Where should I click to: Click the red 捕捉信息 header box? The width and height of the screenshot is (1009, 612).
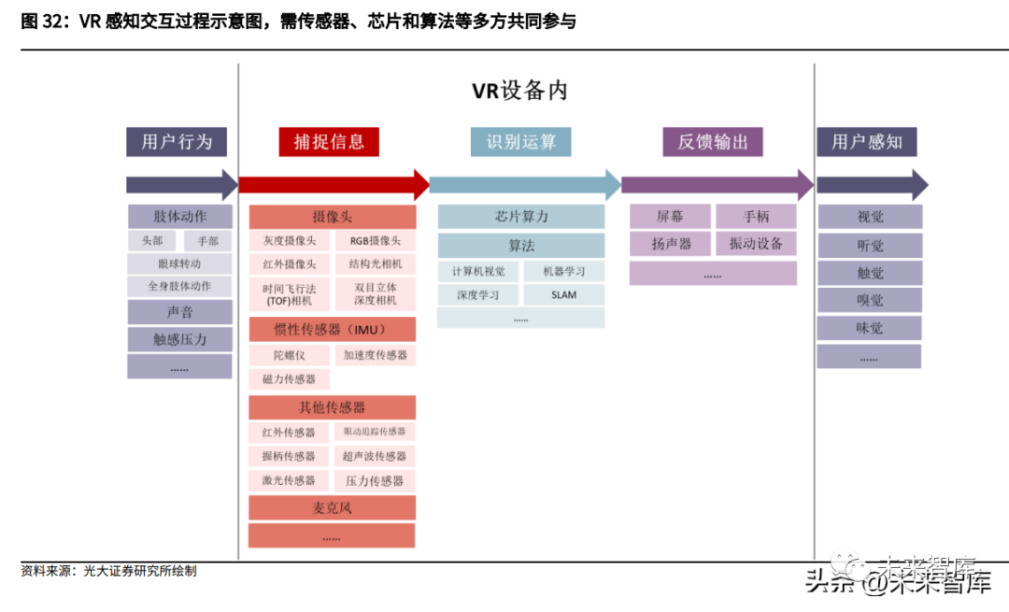pos(329,142)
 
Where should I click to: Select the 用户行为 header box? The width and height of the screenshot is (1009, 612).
pos(177,142)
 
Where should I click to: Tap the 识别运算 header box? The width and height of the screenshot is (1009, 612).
pos(520,142)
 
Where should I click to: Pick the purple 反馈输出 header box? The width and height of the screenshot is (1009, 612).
pos(713,142)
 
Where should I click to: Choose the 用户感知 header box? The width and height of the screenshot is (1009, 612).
pos(866,142)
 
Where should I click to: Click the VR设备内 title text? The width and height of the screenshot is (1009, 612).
pos(519,91)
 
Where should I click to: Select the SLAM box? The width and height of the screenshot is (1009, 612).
pos(563,295)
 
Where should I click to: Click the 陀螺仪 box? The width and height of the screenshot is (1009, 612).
pos(290,355)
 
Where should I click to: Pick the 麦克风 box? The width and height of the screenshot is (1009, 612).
pos(332,507)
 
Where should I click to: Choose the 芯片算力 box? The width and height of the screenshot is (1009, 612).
pos(521,217)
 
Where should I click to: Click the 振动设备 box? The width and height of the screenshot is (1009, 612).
pos(756,244)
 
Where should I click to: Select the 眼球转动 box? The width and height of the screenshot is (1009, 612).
pos(179,263)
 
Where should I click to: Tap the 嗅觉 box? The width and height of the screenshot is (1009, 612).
pos(870,301)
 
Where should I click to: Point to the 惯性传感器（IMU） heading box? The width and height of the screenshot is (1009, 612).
pos(332,330)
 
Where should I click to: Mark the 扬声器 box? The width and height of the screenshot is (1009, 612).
pos(671,244)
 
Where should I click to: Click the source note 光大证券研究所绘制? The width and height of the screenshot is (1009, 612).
pos(140,571)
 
